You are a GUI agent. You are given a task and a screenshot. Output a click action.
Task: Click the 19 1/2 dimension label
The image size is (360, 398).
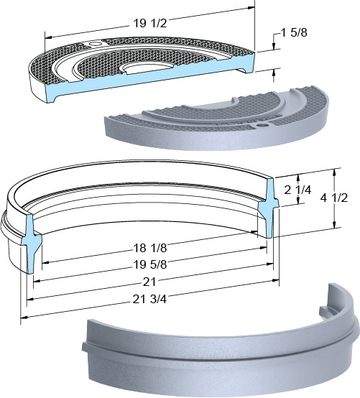[x=150, y=24]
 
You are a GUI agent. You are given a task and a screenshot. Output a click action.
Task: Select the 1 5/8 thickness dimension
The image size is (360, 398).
[x=294, y=32]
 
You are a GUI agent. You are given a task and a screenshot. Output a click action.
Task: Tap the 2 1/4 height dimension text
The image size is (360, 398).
[x=297, y=190]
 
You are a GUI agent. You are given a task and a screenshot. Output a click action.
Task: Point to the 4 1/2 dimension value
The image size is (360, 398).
[x=334, y=198]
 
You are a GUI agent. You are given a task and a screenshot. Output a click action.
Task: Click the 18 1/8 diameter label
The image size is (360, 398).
[x=150, y=248]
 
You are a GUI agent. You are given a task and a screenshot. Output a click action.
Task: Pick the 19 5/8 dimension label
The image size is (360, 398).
[x=150, y=264]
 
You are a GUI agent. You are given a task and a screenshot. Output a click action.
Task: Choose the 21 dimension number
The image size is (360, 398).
[x=149, y=282]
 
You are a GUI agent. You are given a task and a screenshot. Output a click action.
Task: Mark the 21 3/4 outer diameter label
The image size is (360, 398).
[x=149, y=300]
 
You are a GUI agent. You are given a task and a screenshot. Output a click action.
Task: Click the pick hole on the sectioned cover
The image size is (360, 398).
[x=96, y=44]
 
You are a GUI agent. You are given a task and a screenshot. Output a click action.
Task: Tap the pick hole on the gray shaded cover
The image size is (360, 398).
[x=262, y=125]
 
